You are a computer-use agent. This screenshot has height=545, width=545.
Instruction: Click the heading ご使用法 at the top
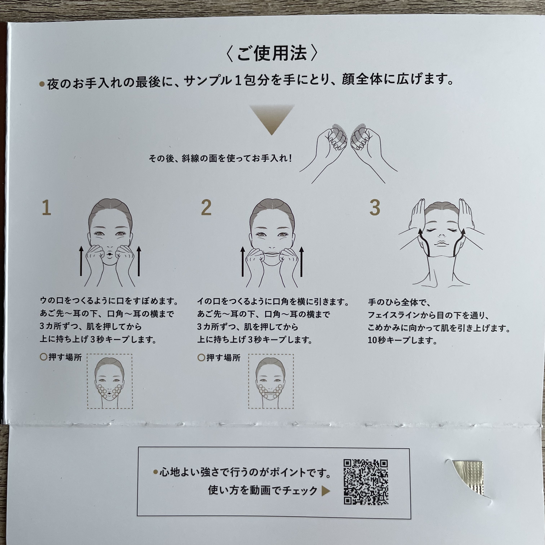(272, 54)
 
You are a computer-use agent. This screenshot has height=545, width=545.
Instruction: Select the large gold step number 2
(206, 208)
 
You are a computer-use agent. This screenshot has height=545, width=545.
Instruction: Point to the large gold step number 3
(375, 208)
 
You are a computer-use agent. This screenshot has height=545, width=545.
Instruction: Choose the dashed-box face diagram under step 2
(271, 381)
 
